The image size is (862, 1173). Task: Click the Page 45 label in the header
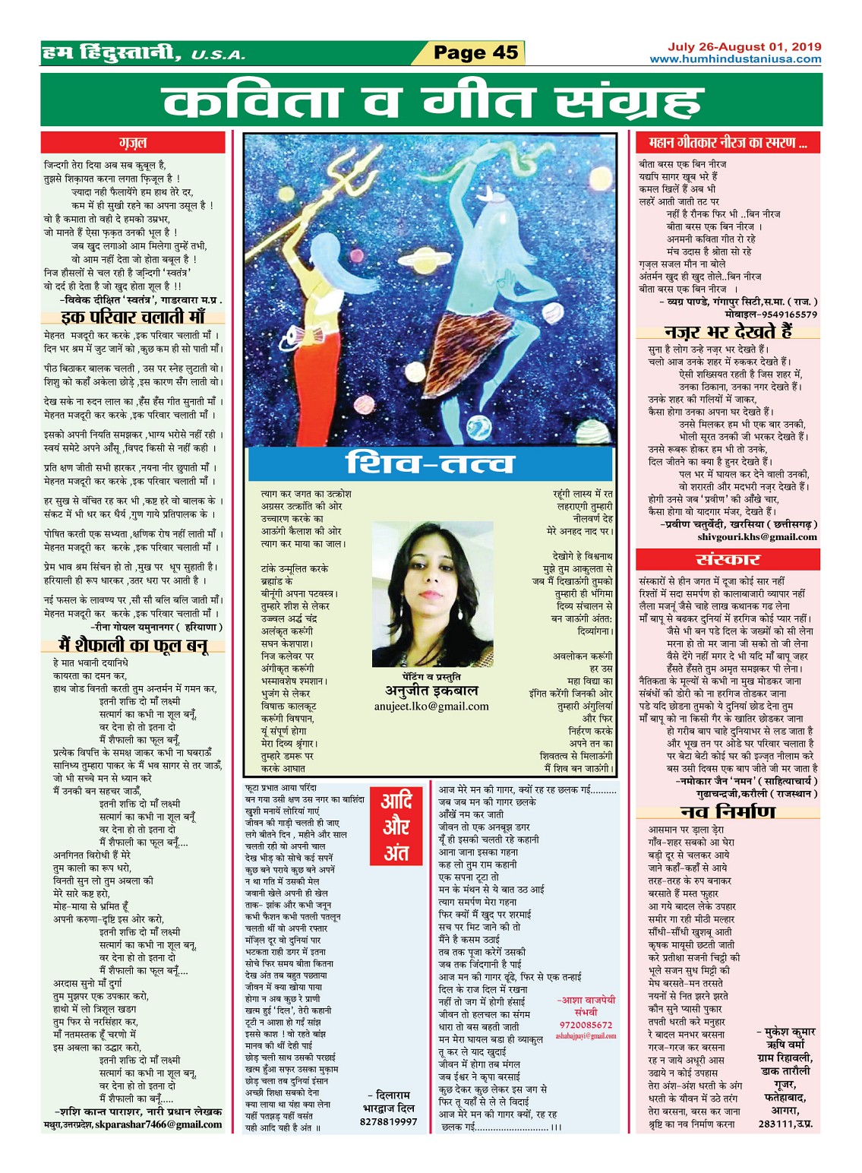pos(475,52)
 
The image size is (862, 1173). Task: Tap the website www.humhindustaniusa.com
pos(735,59)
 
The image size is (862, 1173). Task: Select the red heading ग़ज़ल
pos(133,142)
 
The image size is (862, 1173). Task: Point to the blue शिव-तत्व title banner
pos(429,463)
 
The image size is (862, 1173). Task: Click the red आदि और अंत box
pos(396,826)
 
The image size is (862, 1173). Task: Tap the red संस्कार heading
pos(728,559)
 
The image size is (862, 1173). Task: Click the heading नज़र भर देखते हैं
pos(728,331)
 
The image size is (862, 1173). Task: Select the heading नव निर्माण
pos(728,812)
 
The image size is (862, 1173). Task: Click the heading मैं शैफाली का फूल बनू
pos(133,646)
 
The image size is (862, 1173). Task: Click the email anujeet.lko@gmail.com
pos(431,706)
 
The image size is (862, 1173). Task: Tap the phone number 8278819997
pos(388,1121)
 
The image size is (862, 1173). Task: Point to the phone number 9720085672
pos(586,1025)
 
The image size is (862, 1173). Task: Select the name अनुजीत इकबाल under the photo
pos(431,691)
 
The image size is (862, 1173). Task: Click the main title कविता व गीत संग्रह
pos(431,101)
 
